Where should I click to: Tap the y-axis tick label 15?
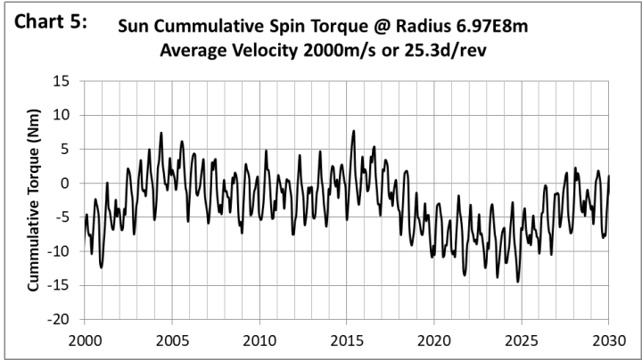point(62,82)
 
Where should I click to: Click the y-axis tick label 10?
point(62,116)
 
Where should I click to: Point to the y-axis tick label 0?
point(66,184)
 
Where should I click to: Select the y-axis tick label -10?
point(59,251)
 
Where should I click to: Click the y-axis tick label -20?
point(59,319)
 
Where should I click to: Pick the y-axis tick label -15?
point(59,285)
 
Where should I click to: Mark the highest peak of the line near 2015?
point(354,131)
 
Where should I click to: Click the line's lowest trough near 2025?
point(517,282)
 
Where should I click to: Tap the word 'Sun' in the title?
point(134,28)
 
